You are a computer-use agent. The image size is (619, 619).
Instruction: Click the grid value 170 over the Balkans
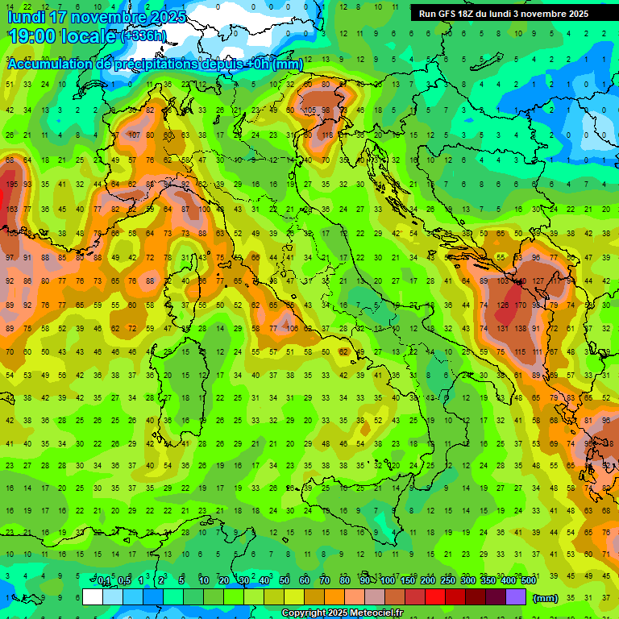coord(521,305)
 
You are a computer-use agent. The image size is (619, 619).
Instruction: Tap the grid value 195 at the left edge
coord(10,185)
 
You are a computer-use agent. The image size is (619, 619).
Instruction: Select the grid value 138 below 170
coord(521,330)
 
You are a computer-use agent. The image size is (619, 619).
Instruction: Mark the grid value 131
coord(503,330)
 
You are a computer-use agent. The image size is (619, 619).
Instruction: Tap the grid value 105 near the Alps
coord(309,110)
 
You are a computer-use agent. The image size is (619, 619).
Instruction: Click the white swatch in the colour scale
coord(93,597)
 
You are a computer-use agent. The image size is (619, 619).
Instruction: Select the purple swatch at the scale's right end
coord(517,597)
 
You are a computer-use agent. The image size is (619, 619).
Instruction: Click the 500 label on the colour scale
coord(528,581)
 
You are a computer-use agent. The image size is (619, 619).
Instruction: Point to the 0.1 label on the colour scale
coord(104,581)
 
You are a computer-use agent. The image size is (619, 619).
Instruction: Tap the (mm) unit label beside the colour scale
coord(546,598)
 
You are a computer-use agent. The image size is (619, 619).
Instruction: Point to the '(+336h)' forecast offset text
coord(143,36)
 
